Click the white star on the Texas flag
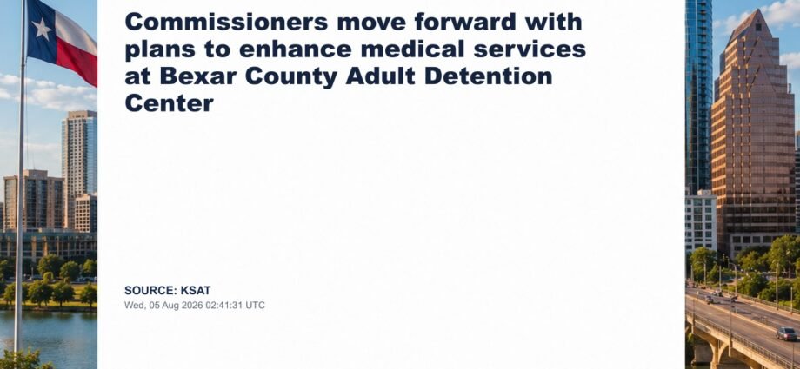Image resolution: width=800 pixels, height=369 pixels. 42,29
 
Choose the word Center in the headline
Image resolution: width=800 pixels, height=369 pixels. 169,103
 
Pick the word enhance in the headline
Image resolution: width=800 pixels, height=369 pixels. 294,49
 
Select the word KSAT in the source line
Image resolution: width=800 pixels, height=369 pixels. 196,291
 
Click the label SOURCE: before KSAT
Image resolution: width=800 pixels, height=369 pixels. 150,291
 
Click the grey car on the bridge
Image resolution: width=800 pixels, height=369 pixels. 786,333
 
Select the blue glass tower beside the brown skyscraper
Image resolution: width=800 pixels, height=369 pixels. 698,97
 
